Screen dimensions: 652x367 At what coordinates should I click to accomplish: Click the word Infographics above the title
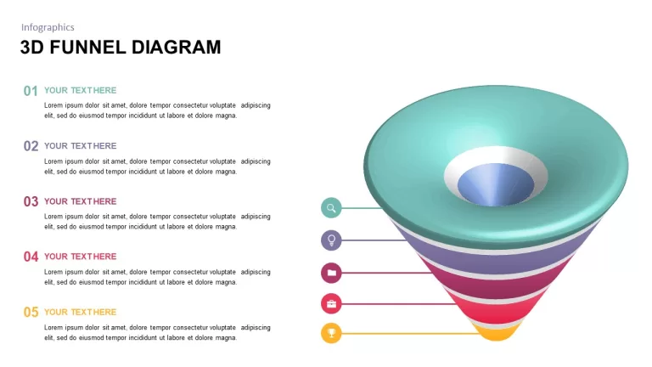[48, 27]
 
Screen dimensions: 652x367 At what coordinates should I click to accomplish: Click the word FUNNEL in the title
[87, 48]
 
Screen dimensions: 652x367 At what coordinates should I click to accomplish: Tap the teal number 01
[31, 91]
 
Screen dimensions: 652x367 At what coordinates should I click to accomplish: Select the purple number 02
[31, 146]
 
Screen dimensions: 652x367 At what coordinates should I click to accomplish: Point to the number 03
[31, 201]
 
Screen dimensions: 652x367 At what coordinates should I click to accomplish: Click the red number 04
[31, 257]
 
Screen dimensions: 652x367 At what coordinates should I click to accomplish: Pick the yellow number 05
[31, 312]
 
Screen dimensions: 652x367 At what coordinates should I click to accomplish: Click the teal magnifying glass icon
[331, 207]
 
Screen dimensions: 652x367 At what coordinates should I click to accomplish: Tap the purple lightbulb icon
[331, 240]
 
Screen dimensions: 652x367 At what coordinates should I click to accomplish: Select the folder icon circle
[331, 273]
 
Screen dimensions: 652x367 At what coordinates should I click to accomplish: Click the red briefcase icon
[331, 304]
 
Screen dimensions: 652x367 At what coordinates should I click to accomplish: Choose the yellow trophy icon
[331, 333]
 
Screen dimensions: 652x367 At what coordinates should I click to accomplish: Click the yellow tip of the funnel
[497, 334]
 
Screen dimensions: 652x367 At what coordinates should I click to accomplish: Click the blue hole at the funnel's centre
[496, 184]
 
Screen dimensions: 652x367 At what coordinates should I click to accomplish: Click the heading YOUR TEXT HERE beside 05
[81, 312]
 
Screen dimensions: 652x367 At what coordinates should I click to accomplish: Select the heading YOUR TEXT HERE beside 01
[81, 90]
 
